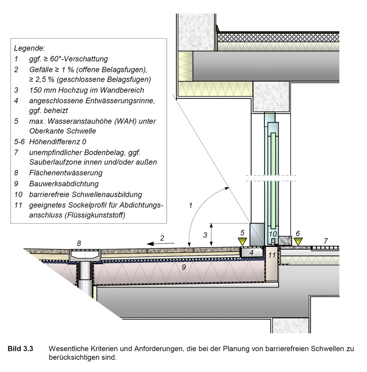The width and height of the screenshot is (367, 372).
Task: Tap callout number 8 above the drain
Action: tap(79, 243)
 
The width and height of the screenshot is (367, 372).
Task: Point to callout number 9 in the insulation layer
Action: tap(183, 267)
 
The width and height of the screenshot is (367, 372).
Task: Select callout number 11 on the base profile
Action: tap(272, 255)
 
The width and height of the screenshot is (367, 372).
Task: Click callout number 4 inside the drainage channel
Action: tap(252, 253)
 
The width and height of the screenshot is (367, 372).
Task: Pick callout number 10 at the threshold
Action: tap(273, 234)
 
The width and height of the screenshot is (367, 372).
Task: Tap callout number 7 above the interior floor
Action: tap(326, 241)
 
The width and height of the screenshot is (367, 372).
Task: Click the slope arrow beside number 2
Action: tap(161, 244)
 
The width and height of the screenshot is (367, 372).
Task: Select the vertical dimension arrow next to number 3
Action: tap(211, 235)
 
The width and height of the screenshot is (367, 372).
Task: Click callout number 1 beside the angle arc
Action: tap(190, 206)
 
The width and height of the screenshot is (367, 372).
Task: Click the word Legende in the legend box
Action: tap(29, 48)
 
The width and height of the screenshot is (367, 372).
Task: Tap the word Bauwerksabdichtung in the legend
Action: tap(64, 184)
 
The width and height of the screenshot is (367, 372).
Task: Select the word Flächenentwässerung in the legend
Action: tap(66, 173)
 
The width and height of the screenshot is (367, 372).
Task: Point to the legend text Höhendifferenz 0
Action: tap(58, 142)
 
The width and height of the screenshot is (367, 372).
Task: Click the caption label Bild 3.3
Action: tap(21, 349)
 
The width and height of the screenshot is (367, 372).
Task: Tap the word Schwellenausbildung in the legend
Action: tap(107, 195)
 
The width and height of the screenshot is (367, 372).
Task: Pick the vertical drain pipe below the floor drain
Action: tap(85, 279)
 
